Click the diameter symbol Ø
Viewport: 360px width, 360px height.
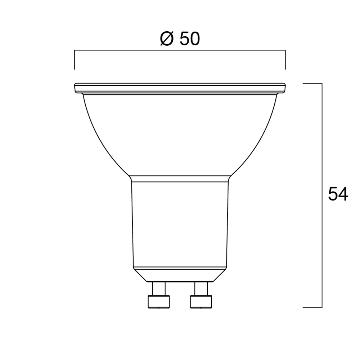(167, 39)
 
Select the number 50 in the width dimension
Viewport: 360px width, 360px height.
(190, 39)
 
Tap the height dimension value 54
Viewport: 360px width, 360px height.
(338, 195)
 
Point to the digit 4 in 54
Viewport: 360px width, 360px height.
(343, 195)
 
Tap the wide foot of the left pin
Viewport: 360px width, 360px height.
(159, 302)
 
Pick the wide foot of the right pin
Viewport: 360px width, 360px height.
(201, 302)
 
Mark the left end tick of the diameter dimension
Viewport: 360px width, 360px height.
(75, 60)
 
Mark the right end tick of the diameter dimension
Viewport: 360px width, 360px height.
(285, 60)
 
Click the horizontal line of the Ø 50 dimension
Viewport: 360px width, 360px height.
(180, 51)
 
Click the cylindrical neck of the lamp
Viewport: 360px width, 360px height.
(180, 223)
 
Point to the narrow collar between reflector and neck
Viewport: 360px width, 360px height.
(180, 179)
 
